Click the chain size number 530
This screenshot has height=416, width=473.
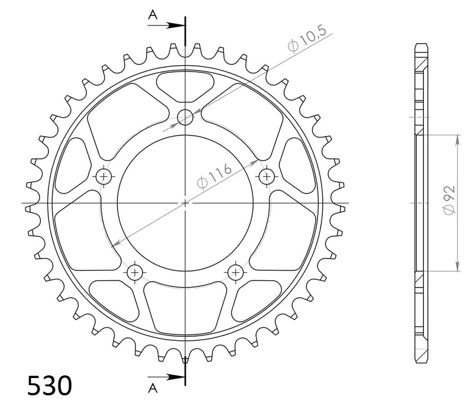click(x=50, y=386)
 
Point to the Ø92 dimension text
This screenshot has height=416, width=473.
click(x=449, y=201)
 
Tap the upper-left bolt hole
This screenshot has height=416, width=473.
click(x=105, y=175)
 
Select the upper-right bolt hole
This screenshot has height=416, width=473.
click(x=267, y=175)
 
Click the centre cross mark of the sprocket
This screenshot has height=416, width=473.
click(x=186, y=203)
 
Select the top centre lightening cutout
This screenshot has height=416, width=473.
click(x=186, y=83)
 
